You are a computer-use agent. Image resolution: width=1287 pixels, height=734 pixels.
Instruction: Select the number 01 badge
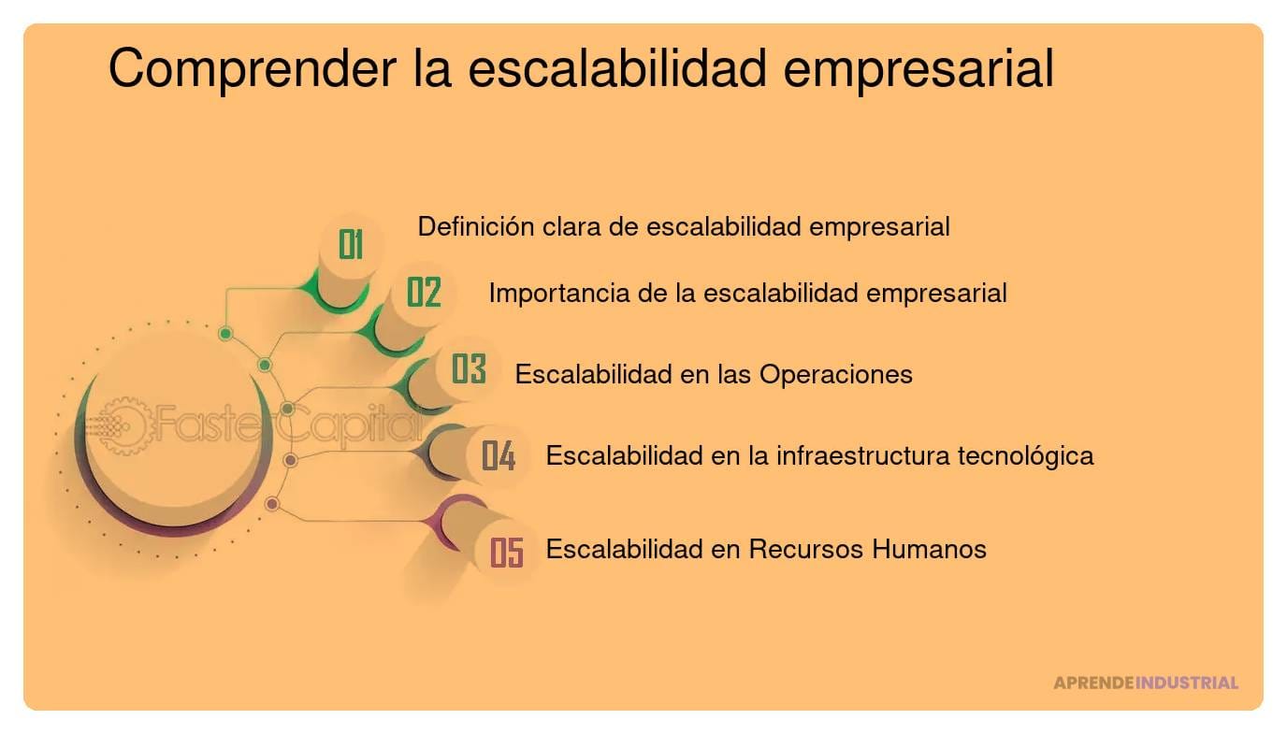pos(351,245)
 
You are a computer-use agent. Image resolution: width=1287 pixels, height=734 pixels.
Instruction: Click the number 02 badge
pos(424,293)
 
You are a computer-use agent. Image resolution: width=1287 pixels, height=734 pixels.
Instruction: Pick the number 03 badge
pos(469,370)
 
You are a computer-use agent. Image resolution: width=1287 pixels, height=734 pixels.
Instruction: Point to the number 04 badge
pos(499,456)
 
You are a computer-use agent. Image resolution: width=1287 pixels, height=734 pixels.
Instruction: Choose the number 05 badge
pos(506,552)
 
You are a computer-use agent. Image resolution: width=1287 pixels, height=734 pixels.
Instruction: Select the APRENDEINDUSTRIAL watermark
pos(1145,683)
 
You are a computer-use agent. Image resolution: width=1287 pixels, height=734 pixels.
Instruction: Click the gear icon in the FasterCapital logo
pos(122,426)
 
